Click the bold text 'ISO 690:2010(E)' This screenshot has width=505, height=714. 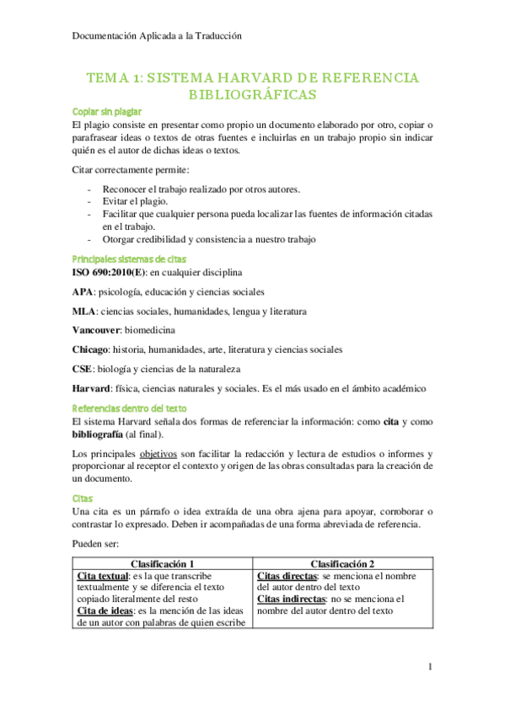tap(110, 273)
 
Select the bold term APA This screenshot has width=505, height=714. tap(83, 292)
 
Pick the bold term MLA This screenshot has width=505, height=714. tap(84, 312)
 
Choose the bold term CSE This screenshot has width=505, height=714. tap(83, 369)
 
